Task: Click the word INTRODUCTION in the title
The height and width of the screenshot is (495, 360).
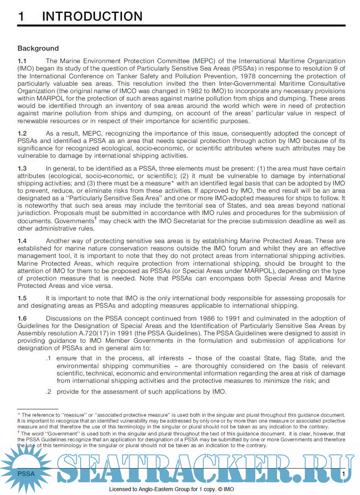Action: pos(92,16)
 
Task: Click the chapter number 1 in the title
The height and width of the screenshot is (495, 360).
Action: pos(21,16)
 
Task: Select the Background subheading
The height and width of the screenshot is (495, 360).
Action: pos(38,48)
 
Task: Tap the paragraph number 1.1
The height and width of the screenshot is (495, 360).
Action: pos(22,61)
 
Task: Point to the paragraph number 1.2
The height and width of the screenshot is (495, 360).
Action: pos(22,134)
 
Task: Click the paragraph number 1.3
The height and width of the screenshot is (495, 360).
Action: pos(22,169)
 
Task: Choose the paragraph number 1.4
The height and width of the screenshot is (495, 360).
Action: pos(22,241)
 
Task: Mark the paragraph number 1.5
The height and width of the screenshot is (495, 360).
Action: pos(22,298)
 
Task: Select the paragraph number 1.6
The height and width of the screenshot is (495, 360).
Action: pos(22,319)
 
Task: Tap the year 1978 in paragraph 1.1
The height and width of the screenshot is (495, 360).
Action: pos(248,76)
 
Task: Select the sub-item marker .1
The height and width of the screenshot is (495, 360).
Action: pos(49,358)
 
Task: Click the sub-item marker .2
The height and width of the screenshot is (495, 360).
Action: pos(49,392)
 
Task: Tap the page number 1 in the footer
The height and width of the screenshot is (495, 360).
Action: pos(343,474)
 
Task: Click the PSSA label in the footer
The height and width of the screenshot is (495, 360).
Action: pos(26,474)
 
